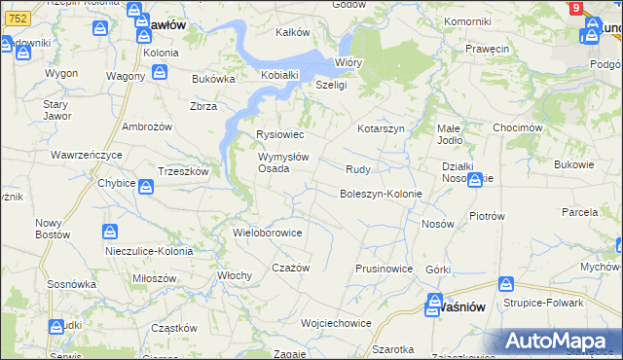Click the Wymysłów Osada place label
pos(282,162)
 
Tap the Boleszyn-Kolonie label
pos(381,194)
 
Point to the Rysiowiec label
pos(279,134)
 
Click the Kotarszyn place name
pos(380,128)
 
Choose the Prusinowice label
pos(385,269)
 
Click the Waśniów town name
pos(452,306)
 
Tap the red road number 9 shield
pos(577,8)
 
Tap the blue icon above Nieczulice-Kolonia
pos(111,233)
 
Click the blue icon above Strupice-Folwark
pos(505,285)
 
